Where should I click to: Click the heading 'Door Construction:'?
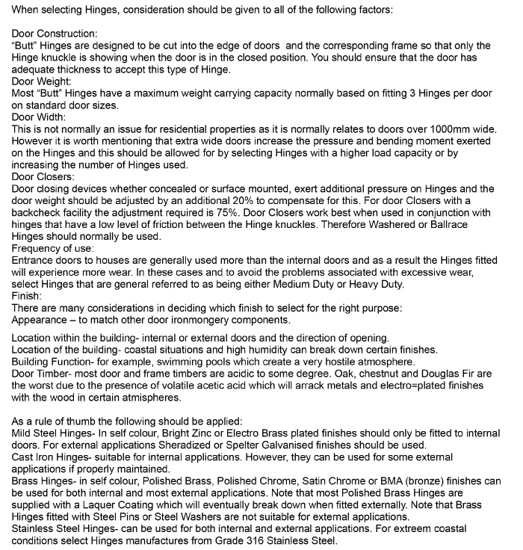[x=54, y=34]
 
